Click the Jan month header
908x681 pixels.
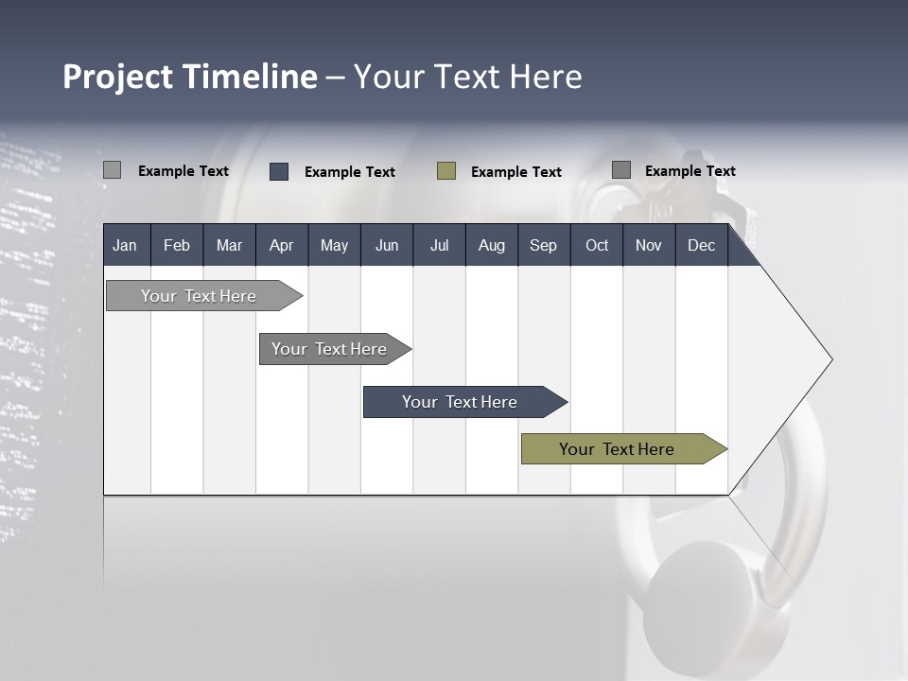pyautogui.click(x=125, y=246)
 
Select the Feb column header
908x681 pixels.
pyautogui.click(x=177, y=246)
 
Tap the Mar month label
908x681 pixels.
pyautogui.click(x=229, y=246)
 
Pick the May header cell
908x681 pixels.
pyautogui.click(x=334, y=246)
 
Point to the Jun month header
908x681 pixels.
pyautogui.click(x=387, y=246)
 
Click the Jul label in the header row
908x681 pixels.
pyautogui.click(x=440, y=246)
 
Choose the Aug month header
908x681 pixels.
pyautogui.click(x=492, y=246)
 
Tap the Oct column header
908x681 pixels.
pyautogui.click(x=597, y=246)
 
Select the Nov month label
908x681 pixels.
pyautogui.click(x=649, y=246)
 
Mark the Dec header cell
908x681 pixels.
pyautogui.click(x=701, y=246)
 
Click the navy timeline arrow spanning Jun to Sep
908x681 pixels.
pyautogui.click(x=465, y=402)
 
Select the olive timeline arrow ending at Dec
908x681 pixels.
pyautogui.click(x=624, y=448)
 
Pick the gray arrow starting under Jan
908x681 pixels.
pyautogui.click(x=204, y=295)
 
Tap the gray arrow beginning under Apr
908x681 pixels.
pyautogui.click(x=335, y=349)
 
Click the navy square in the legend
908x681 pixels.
pyautogui.click(x=279, y=171)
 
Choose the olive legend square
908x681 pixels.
pyautogui.click(x=446, y=171)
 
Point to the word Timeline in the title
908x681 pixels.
pyautogui.click(x=250, y=76)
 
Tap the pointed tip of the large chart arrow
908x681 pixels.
pyautogui.click(x=832, y=359)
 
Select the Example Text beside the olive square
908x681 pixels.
pyautogui.click(x=516, y=172)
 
